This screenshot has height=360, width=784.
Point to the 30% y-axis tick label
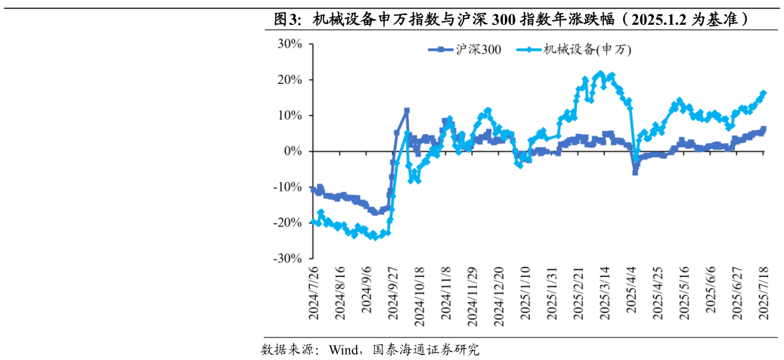tap(291, 44)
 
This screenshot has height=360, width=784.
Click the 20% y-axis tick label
tap(291, 79)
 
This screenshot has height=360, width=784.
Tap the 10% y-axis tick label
tap(291, 115)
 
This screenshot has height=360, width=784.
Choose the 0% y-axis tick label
tap(294, 151)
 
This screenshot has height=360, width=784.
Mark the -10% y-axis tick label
tap(290, 187)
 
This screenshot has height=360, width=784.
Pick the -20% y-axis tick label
tap(290, 222)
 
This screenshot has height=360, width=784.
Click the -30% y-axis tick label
tap(290, 258)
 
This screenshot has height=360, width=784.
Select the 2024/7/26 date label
tap(313, 293)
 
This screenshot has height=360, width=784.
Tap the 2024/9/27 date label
tap(392, 293)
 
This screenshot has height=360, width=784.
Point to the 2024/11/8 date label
tap(445, 293)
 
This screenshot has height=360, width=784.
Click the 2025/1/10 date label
tap(525, 293)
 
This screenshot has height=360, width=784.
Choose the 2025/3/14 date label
tap(605, 293)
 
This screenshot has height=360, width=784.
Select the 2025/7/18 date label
tap(764, 293)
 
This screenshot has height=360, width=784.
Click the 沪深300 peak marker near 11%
tap(407, 111)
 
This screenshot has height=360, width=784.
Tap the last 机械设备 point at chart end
tap(764, 93)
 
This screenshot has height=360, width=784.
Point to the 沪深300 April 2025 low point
tap(635, 172)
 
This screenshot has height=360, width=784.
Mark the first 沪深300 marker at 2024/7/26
tap(313, 189)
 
